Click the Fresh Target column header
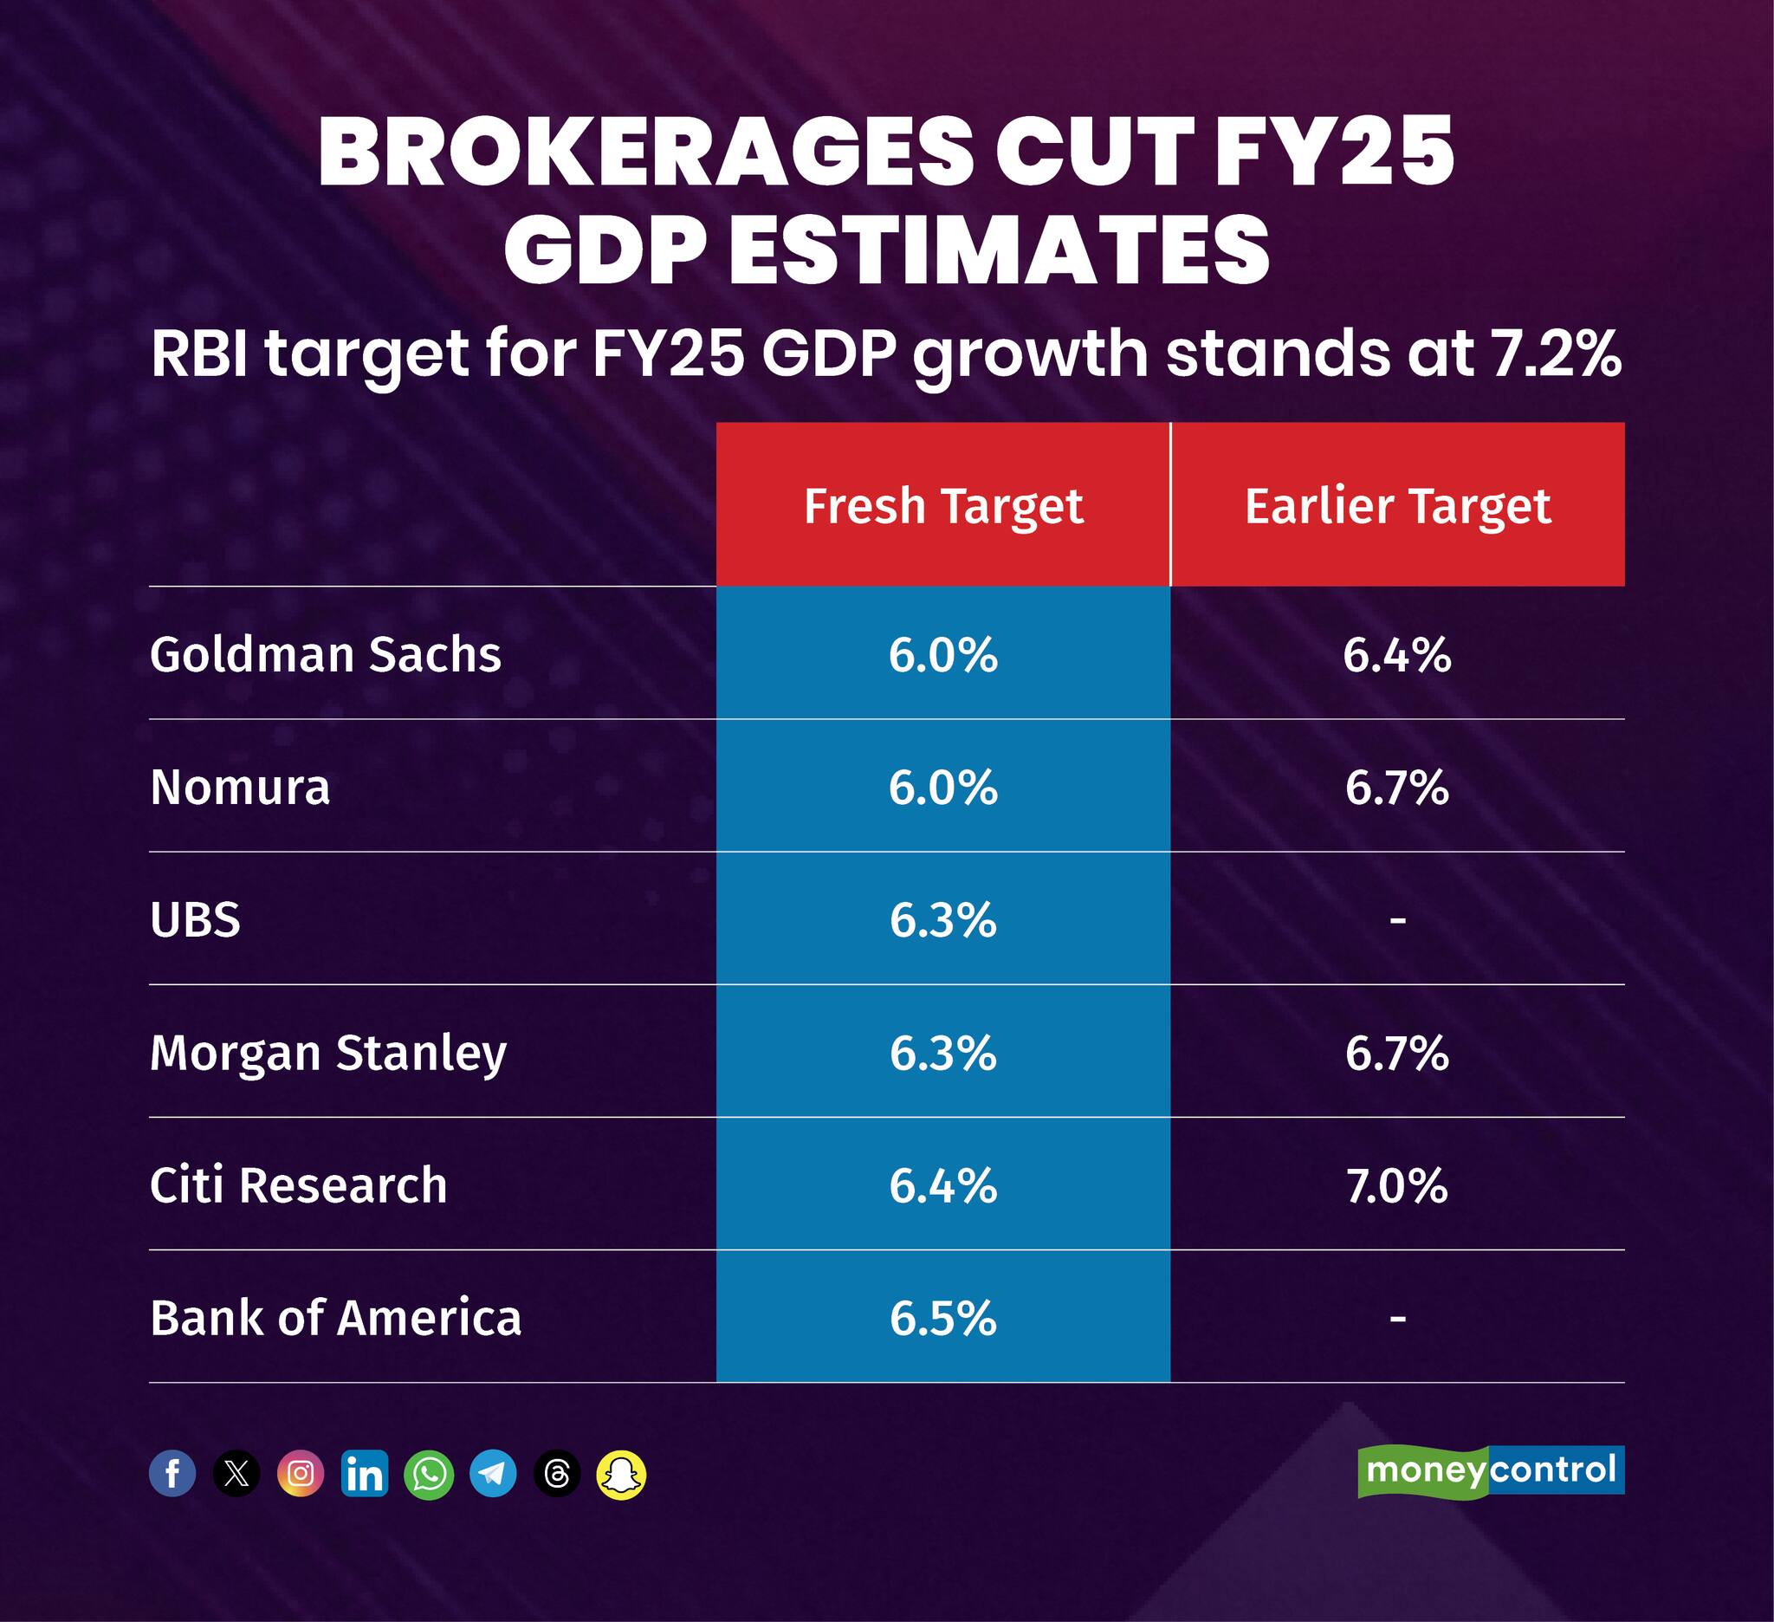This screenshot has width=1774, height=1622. tap(942, 506)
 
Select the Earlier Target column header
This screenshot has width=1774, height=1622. tap(1396, 506)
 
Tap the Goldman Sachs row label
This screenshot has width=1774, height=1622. tap(325, 655)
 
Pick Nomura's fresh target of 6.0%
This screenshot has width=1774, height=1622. tap(942, 787)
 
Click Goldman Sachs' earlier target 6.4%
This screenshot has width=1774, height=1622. tap(1396, 655)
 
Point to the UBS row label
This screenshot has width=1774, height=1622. tap(195, 919)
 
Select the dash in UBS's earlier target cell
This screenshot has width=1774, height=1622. tap(1397, 920)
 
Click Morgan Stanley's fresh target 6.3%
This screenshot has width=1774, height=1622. tap(942, 1053)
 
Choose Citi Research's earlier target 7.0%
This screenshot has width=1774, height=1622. tap(1396, 1185)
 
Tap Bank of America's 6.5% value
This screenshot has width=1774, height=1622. tap(942, 1319)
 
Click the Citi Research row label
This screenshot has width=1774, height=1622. tap(298, 1185)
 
